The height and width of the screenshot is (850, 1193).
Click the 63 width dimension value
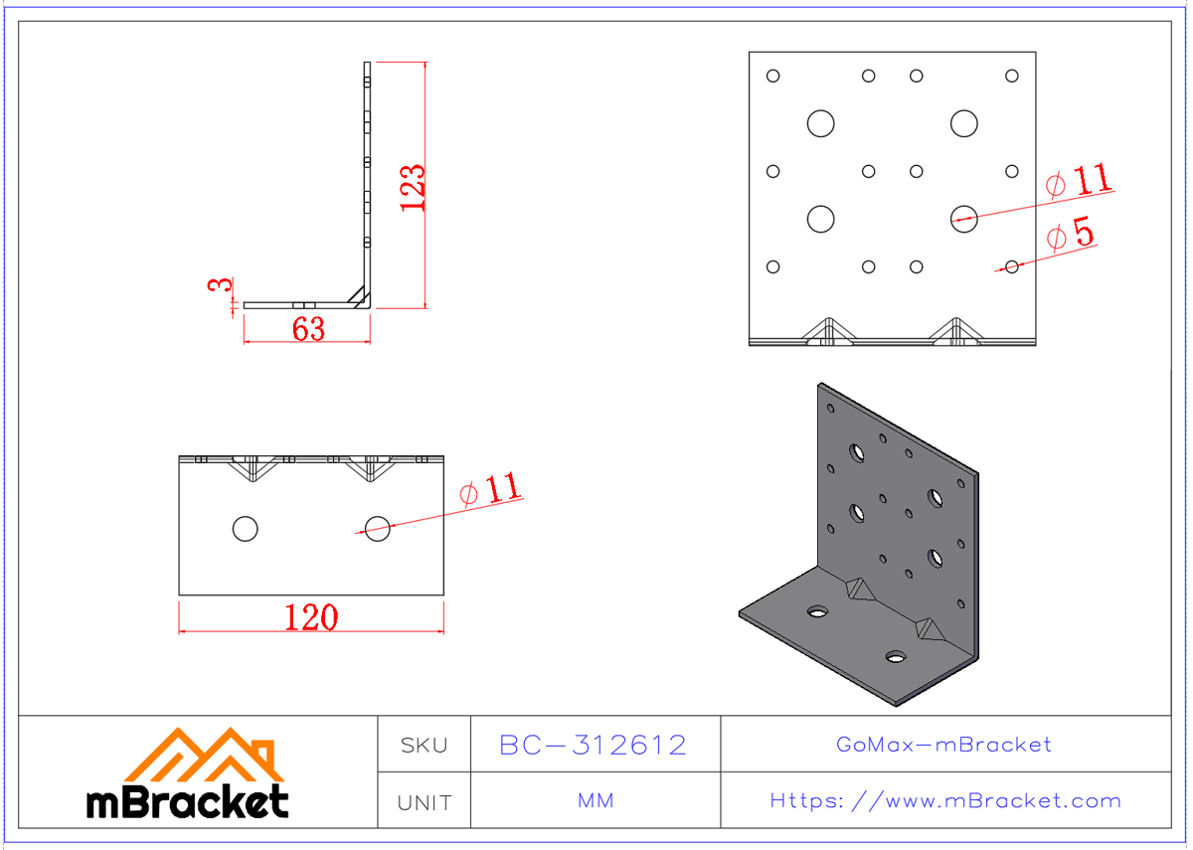point(308,329)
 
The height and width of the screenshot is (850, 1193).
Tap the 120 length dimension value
point(311,617)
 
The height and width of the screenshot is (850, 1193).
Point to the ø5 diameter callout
point(1071,235)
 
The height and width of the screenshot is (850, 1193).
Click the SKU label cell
point(424,745)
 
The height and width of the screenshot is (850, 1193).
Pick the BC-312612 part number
point(594,745)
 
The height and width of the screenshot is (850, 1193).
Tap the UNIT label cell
point(424,801)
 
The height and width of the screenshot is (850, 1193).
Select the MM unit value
point(595,801)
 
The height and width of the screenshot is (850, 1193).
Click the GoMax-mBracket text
point(944,745)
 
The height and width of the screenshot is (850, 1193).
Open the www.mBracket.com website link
point(945,801)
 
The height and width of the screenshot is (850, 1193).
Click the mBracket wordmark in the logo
point(188,801)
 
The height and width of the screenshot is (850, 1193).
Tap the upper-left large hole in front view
point(820,123)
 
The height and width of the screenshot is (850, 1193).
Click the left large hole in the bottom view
point(245,528)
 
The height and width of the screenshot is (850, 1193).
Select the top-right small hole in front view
point(1012,76)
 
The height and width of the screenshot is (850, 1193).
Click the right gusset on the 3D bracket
point(932,628)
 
